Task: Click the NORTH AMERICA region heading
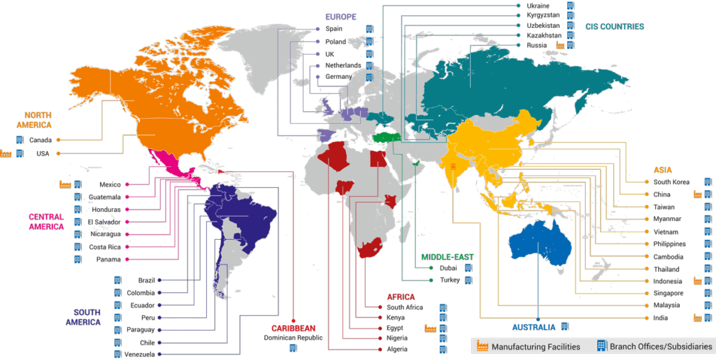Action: (38, 120)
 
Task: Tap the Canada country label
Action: (42, 139)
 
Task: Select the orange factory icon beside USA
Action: (6, 152)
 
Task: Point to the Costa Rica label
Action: (105, 247)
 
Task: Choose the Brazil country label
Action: (146, 280)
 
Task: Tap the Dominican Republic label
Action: (293, 338)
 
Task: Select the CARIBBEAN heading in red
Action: (294, 328)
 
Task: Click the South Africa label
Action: (404, 307)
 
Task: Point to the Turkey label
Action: (450, 280)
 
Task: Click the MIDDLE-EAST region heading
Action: (447, 257)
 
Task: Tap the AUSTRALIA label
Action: (534, 327)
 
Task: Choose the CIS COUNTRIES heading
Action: (615, 27)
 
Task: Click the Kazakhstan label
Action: (542, 34)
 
